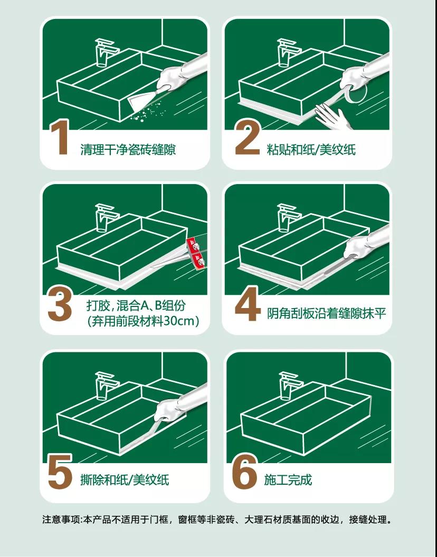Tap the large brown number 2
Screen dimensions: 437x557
tap(248, 138)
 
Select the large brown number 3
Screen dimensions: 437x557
tap(60, 305)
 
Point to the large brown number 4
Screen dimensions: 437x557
tap(248, 305)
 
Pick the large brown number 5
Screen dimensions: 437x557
tap(60, 472)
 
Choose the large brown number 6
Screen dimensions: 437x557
tap(244, 472)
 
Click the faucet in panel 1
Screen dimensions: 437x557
tap(106, 53)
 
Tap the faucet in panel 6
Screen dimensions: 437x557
tap(290, 386)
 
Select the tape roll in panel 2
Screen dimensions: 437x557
tap(356, 93)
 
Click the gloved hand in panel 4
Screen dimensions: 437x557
tap(357, 247)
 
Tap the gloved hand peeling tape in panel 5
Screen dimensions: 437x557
tap(169, 410)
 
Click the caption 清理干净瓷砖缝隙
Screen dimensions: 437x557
tap(128, 150)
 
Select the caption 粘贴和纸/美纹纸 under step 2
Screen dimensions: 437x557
tap(311, 150)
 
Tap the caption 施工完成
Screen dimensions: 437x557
tap(288, 480)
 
